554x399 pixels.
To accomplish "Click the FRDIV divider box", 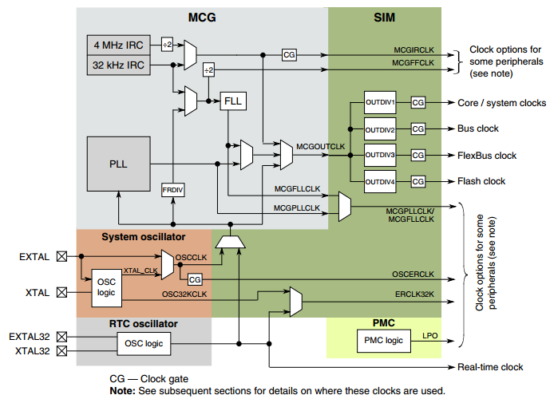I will [x=172, y=190].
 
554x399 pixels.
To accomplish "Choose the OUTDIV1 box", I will [x=380, y=104].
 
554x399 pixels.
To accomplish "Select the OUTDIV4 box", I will [x=380, y=181].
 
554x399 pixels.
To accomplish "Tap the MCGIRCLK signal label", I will [x=413, y=49].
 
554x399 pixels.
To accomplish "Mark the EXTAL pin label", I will [x=34, y=257].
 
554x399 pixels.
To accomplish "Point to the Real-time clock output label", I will [x=490, y=367].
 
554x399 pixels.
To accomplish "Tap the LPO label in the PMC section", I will [x=429, y=336].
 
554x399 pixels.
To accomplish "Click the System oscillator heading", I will [x=144, y=237].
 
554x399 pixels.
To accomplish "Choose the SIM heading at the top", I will [x=384, y=18].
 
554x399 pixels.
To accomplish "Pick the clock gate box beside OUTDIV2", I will [x=419, y=129].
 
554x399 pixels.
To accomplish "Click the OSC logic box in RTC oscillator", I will [x=143, y=343].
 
